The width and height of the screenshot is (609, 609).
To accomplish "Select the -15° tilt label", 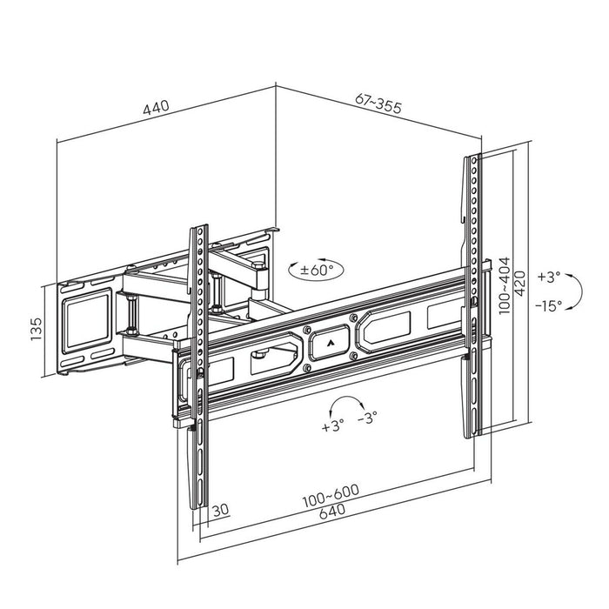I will click(550, 304).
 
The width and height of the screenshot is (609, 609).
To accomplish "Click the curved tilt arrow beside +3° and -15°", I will click(574, 291).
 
